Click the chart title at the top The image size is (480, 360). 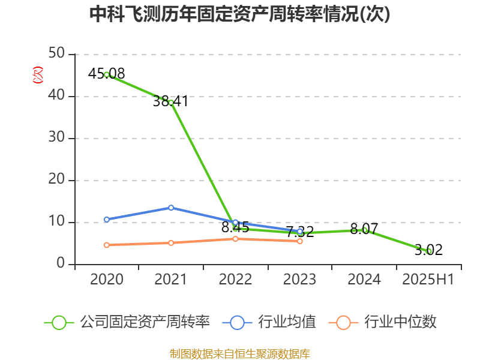click(240, 14)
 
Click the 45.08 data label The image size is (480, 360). click(106, 74)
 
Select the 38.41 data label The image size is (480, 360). click(170, 101)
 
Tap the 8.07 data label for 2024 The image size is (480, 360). click(364, 229)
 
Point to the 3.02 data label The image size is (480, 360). click(428, 250)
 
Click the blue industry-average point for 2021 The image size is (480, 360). click(171, 208)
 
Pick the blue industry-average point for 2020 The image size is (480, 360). click(107, 220)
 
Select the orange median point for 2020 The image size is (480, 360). click(107, 245)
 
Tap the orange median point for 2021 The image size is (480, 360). click(171, 243)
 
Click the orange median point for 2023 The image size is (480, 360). click(300, 241)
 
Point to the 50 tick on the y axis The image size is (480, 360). click(57, 54)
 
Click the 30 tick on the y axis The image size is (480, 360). click(57, 138)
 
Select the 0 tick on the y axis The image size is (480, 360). click(61, 264)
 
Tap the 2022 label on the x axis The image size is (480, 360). click(235, 280)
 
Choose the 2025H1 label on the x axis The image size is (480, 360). click(428, 280)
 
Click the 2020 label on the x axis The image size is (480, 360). click(107, 280)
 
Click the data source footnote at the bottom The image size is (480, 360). click(240, 353)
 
